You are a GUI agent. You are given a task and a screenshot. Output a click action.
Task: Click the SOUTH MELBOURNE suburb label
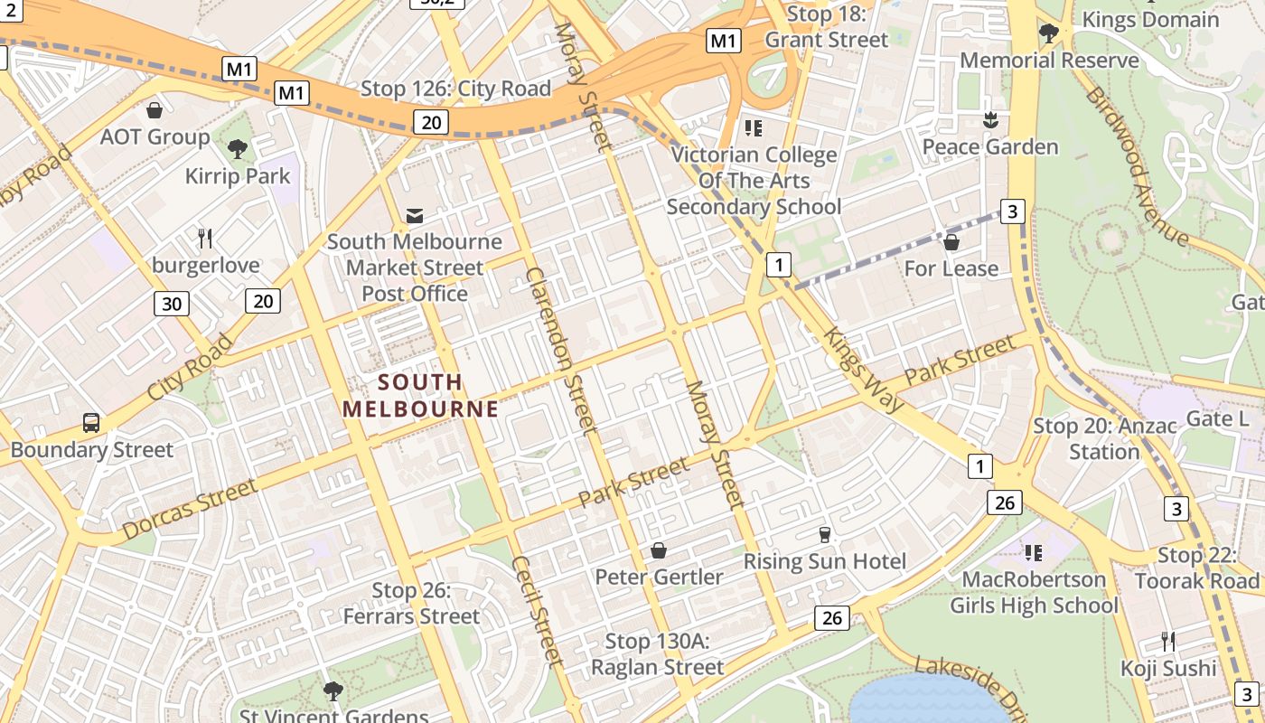tap(420, 395)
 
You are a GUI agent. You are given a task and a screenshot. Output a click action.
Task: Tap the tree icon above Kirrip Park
tap(238, 149)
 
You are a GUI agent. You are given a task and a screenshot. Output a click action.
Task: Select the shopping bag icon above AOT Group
tap(155, 110)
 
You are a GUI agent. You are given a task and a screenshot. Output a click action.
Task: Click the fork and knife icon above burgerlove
tap(205, 239)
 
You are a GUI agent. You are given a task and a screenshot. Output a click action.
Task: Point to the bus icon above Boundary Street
tap(91, 422)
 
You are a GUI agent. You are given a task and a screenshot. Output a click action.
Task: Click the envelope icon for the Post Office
tap(415, 215)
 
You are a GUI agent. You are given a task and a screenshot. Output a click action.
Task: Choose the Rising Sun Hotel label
tap(824, 561)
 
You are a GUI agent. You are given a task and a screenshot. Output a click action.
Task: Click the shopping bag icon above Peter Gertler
tap(659, 550)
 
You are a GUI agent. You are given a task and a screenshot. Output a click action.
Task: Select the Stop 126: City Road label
tap(455, 89)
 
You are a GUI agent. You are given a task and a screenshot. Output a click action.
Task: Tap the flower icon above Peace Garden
tap(990, 120)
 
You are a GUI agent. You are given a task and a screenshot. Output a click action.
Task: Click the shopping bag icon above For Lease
tap(951, 242)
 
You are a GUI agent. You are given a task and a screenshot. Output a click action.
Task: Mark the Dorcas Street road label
tap(189, 511)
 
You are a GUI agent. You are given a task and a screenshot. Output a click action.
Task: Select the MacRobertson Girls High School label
tap(1034, 592)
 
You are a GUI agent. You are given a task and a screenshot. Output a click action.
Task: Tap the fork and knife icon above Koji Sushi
tap(1168, 642)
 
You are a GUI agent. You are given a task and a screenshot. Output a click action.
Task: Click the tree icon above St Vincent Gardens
tap(333, 691)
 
